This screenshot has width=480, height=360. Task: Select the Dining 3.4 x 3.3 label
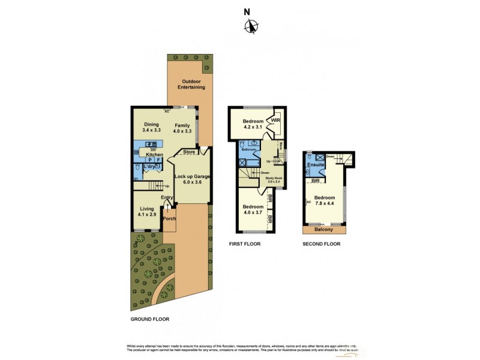(x=151, y=127)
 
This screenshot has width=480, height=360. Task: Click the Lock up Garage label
(x=192, y=179)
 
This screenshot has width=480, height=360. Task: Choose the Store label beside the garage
(x=189, y=152)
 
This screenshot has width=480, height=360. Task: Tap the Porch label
(x=170, y=219)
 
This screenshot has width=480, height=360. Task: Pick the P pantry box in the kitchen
(x=149, y=160)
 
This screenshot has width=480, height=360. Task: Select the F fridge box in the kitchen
(x=158, y=160)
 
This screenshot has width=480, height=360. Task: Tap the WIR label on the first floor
(x=275, y=121)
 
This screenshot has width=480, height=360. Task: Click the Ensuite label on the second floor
(x=316, y=164)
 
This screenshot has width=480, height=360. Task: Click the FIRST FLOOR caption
(x=244, y=244)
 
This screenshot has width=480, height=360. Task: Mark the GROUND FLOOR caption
(x=149, y=320)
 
